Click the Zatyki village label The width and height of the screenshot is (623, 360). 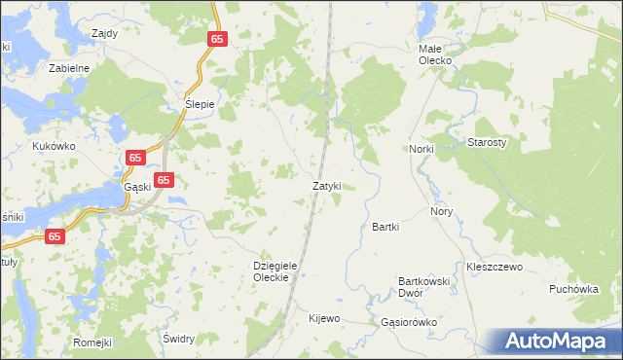(326, 186)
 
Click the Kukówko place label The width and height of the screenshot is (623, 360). (54, 146)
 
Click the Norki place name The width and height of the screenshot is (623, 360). (421, 149)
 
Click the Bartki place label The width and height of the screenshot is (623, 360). (386, 227)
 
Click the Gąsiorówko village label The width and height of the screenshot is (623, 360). (410, 321)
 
